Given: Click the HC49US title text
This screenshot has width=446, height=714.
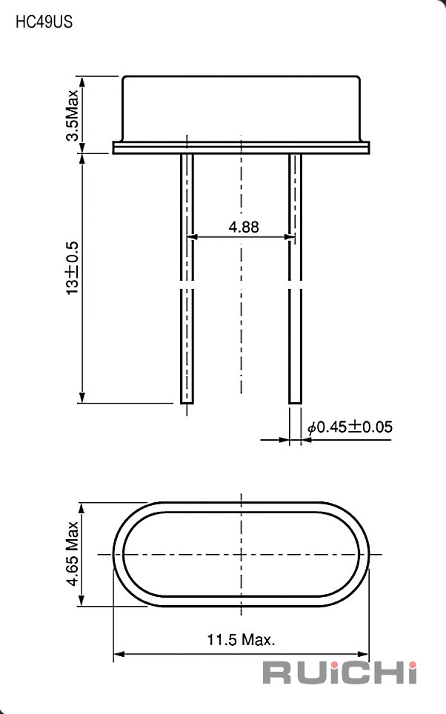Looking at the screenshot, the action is (44, 22).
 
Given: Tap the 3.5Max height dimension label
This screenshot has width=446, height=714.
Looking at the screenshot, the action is (72, 116).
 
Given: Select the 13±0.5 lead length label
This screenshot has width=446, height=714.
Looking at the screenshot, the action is (72, 268).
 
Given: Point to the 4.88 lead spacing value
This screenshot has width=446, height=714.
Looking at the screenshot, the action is (244, 227).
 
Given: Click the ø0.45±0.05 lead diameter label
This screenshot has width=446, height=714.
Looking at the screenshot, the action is (350, 427).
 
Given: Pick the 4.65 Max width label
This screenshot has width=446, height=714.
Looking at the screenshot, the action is (72, 554).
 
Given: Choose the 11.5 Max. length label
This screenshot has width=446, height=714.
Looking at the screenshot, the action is (241, 640).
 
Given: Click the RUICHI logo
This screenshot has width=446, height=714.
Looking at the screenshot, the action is (339, 673).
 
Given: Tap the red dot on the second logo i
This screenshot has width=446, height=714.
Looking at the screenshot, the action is (412, 664).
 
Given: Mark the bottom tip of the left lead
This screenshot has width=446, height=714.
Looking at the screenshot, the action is (187, 403).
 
